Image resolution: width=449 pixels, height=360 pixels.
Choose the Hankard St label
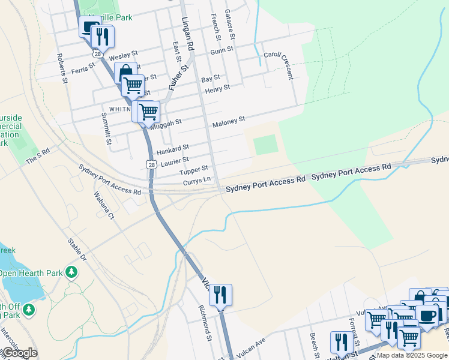(173, 148)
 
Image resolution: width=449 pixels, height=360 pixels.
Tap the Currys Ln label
(197, 180)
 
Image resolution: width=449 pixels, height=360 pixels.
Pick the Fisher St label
(178, 78)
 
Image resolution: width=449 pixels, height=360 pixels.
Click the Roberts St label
(62, 67)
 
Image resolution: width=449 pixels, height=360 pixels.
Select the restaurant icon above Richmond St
(220, 295)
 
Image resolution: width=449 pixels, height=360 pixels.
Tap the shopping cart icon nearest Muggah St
(148, 111)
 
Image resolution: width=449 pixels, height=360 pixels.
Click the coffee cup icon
(427, 314)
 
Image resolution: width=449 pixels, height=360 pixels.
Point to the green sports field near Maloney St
(265, 145)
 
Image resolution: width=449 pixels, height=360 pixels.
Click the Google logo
(19, 353)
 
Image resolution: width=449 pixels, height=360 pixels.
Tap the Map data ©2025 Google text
(412, 355)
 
